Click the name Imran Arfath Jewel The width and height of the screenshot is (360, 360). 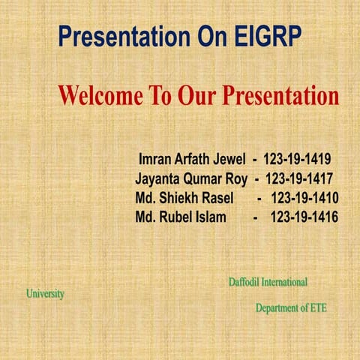pyautogui.click(x=193, y=159)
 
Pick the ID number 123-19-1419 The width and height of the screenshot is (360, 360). pyautogui.click(x=297, y=159)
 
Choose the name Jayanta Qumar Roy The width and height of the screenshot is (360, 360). pyautogui.click(x=191, y=178)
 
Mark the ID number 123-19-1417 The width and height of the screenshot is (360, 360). pyautogui.click(x=299, y=178)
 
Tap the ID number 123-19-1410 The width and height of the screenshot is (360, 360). pyautogui.click(x=304, y=198)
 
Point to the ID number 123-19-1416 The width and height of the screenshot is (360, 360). pyautogui.click(x=304, y=217)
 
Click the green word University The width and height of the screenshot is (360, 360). pyautogui.click(x=45, y=294)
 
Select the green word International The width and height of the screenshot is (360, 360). pyautogui.click(x=284, y=282)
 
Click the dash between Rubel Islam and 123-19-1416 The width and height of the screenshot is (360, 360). pyautogui.click(x=256, y=217)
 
